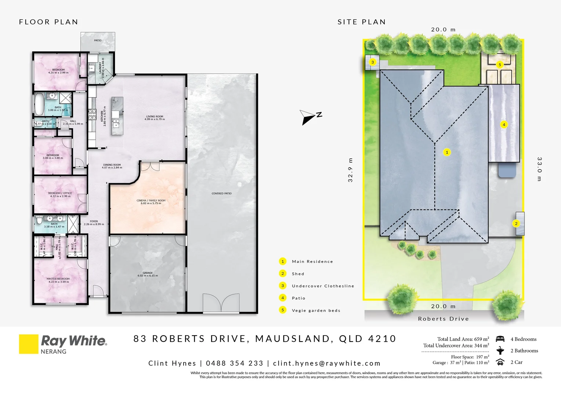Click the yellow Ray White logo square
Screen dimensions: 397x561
pos(29,344)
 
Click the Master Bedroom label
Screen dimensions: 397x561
pos(58,280)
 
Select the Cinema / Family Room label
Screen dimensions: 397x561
pos(151,202)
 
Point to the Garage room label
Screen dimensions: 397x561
pos(148,274)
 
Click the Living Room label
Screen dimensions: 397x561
pos(155,118)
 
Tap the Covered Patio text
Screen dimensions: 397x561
pos(221,193)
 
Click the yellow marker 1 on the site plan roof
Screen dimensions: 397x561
pos(447,152)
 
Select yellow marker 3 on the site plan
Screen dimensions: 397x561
pos(373,62)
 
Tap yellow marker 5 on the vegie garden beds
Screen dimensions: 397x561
pos(500,65)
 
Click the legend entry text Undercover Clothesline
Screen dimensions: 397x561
pos(323,286)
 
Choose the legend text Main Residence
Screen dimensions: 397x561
pos(312,262)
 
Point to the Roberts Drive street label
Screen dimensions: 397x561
pos(443,319)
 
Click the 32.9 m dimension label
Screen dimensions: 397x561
pos(350,170)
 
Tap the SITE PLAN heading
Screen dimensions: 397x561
pos(362,22)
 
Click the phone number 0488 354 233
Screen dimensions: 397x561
pos(235,363)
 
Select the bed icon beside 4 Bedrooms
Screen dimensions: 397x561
pos(500,339)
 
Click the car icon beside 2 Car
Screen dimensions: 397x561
pos(500,362)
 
